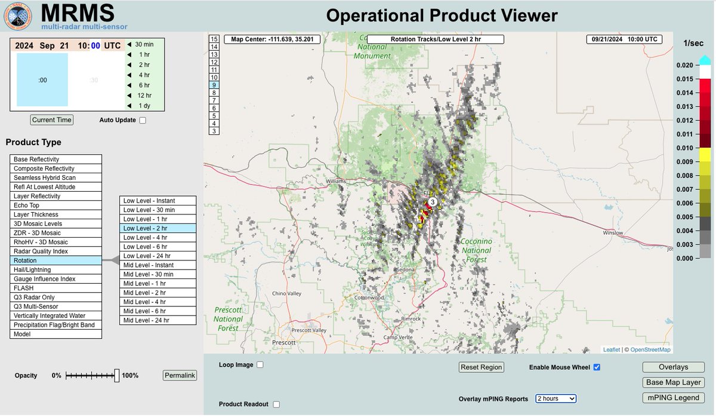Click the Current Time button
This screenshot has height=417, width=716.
[x=52, y=119]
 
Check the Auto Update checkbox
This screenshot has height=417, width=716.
[x=142, y=120]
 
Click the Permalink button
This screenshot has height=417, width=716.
[x=180, y=375]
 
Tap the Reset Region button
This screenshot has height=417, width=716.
[x=482, y=367]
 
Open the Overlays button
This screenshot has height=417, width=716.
[x=673, y=367]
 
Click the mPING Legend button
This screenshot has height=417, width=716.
[x=673, y=397]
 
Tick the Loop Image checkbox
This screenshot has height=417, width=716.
[x=260, y=364]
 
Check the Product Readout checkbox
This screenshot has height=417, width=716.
[x=276, y=404]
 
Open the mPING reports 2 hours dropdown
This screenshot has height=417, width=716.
[x=555, y=398]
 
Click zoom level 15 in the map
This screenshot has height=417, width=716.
[x=214, y=39]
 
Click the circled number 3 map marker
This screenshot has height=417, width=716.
[x=433, y=202]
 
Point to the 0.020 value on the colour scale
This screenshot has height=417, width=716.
[x=685, y=65]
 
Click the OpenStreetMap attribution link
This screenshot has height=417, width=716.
[x=650, y=349]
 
